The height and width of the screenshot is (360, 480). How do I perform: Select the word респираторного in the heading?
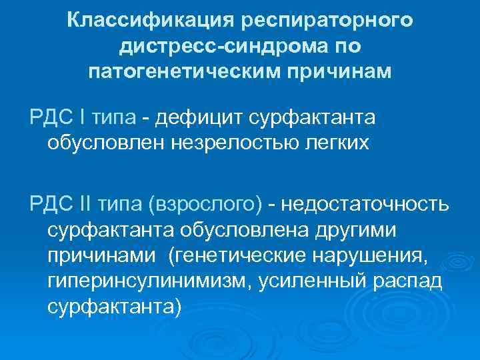click(x=329, y=21)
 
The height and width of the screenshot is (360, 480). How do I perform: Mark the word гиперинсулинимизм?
click(x=145, y=281)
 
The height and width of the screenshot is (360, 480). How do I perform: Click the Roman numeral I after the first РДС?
click(x=82, y=118)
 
